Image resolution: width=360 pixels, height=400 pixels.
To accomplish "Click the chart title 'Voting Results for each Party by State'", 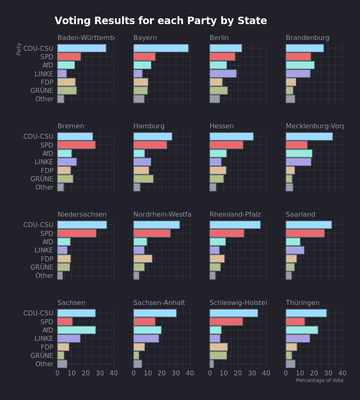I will (160, 21).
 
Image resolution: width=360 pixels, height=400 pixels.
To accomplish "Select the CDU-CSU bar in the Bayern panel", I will (161, 48).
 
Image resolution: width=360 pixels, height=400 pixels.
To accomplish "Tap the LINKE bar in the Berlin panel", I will (223, 74).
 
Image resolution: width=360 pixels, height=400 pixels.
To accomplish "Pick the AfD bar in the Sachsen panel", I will (76, 330).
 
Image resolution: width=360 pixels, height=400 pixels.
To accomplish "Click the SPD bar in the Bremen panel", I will (76, 145).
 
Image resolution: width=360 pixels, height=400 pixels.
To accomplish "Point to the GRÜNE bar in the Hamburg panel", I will (143, 179).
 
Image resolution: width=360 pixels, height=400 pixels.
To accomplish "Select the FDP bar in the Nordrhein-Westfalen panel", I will (143, 259).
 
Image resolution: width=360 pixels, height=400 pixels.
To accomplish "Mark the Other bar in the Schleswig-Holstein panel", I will (212, 364).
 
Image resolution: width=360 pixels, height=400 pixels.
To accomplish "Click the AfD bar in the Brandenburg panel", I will (300, 65).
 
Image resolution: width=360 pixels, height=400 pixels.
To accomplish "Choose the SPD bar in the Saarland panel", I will (305, 233).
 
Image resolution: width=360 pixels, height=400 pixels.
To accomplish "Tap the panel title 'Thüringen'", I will (302, 303).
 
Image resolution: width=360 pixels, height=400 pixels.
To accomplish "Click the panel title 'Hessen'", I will (222, 126).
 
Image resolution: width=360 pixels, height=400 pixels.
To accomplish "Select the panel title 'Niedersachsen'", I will (82, 215).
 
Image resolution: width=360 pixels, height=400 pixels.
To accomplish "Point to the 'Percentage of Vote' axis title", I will (320, 380).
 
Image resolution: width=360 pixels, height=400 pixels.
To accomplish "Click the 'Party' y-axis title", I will (19, 49).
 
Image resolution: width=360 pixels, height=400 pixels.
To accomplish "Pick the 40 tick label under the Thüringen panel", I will (342, 373).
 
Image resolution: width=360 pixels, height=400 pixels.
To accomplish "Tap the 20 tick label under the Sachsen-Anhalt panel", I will (162, 373).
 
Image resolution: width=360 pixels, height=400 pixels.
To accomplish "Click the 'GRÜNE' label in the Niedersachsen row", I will (42, 267).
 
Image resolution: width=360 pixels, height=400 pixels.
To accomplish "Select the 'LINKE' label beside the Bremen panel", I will (44, 162).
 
